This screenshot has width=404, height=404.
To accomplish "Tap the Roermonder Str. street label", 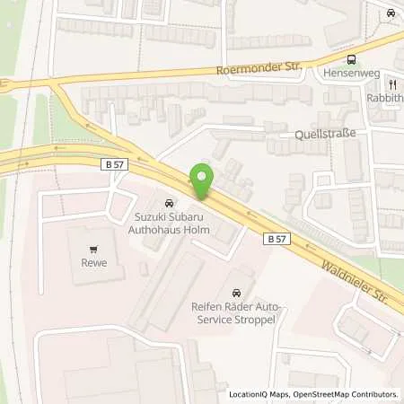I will point(253,68).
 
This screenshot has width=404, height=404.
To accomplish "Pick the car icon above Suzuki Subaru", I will point(168,201).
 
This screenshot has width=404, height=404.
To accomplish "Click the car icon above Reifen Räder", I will point(236,293).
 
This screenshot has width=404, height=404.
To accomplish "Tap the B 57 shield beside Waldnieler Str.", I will point(277,239).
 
